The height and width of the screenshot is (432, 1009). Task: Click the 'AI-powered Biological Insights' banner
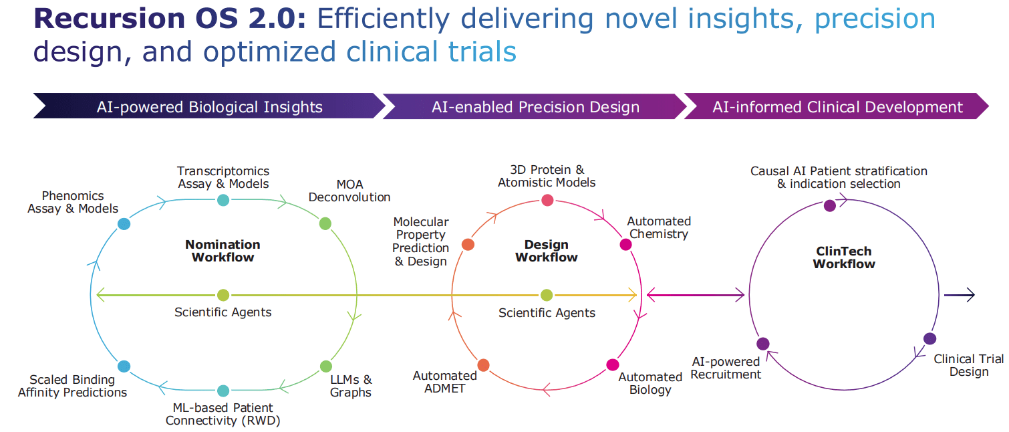click(209, 107)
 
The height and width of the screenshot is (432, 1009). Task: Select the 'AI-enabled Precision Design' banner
click(535, 107)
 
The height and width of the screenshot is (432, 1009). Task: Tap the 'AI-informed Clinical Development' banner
click(837, 107)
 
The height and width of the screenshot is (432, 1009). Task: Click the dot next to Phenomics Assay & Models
click(124, 224)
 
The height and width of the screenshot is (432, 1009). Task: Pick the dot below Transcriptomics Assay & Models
click(223, 200)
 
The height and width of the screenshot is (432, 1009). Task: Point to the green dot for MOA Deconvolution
click(325, 223)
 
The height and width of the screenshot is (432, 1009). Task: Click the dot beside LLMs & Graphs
click(325, 366)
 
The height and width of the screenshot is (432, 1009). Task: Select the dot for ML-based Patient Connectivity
click(223, 391)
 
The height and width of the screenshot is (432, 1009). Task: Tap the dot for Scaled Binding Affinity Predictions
click(124, 366)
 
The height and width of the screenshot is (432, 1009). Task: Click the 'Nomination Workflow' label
click(223, 251)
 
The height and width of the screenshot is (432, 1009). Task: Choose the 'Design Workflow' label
click(547, 251)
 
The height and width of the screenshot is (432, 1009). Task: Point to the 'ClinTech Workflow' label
click(844, 257)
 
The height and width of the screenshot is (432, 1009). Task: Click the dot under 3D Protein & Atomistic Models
click(547, 200)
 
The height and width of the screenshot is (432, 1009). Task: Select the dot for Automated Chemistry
click(625, 244)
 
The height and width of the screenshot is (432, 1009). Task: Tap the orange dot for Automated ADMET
click(483, 365)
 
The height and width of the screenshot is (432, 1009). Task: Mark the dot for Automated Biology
click(613, 364)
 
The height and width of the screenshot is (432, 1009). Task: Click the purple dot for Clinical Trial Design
click(929, 338)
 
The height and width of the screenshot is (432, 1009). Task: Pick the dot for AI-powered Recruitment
click(763, 344)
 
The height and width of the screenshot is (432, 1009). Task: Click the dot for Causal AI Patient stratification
click(830, 205)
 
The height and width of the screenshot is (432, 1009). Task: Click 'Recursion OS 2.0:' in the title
click(170, 19)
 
